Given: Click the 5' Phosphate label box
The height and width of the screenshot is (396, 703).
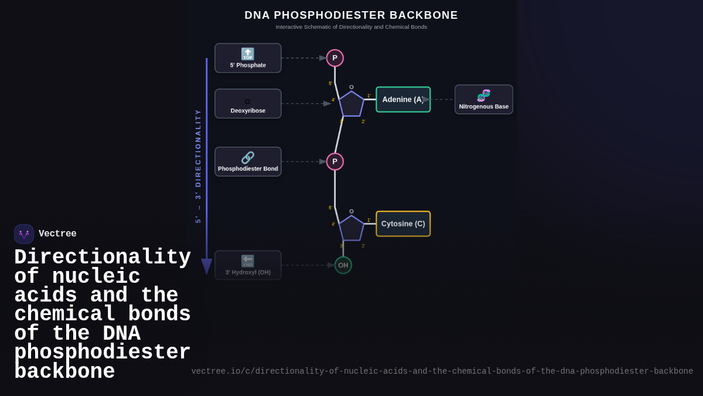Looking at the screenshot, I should (x=248, y=58).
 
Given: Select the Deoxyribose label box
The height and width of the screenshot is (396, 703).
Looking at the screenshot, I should (x=248, y=104).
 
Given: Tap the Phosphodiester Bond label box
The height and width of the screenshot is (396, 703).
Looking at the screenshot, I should (x=248, y=162).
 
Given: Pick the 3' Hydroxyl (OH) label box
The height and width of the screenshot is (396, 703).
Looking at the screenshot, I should (x=248, y=265).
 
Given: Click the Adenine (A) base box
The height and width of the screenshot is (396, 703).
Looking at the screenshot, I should (x=403, y=100).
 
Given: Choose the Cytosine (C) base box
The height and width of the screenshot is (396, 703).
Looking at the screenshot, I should (x=403, y=224).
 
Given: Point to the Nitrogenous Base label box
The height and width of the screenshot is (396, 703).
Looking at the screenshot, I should (x=484, y=100).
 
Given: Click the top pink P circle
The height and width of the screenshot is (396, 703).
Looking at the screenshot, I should (x=335, y=58).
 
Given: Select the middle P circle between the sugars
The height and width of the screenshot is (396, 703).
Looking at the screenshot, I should (x=335, y=161).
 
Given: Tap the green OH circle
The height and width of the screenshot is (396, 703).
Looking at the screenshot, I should (x=343, y=265).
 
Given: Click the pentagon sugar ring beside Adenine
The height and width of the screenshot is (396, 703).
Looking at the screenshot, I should (x=351, y=104).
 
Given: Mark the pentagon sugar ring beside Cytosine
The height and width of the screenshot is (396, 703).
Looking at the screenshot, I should (x=351, y=229).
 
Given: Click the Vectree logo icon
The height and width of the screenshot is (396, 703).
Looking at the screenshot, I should (x=24, y=234).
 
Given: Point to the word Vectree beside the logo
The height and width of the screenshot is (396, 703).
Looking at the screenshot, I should (x=57, y=234).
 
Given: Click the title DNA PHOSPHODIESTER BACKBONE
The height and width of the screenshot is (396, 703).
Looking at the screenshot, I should (x=351, y=15).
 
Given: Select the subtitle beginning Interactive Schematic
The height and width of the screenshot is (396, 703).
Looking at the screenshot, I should (x=351, y=27).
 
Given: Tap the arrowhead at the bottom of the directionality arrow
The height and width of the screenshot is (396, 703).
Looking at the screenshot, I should (x=207, y=266).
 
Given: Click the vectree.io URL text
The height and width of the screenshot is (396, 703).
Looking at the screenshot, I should (x=442, y=371).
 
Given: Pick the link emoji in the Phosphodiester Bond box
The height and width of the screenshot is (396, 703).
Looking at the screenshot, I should (x=248, y=157).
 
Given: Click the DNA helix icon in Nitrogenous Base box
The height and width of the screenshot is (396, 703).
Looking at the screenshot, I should (x=484, y=95).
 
